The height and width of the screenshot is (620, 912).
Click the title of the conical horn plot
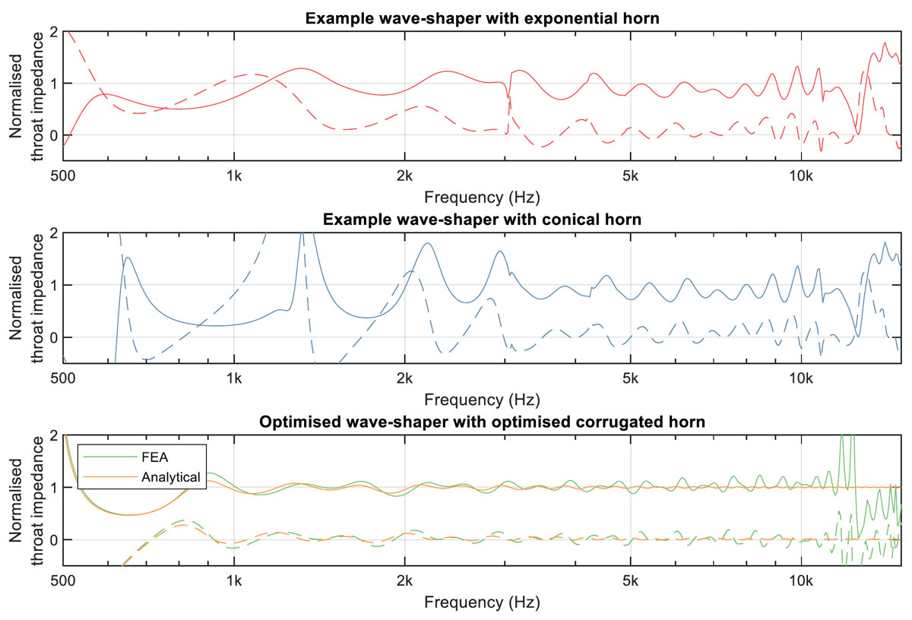tap(482, 220)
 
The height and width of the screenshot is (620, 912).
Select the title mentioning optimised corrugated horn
tap(482, 422)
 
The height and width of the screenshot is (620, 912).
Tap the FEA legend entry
tap(157, 459)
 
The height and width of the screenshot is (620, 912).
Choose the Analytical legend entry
tap(170, 477)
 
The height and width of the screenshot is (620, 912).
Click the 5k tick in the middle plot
tap(630, 378)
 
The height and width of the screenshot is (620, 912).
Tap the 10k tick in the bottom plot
tap(800, 581)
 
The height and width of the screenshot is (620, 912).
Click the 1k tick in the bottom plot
tap(234, 581)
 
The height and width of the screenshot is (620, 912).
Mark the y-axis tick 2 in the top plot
tap(53, 32)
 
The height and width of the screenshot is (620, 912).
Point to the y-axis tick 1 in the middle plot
tap(53, 286)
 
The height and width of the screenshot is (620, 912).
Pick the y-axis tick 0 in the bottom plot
tap(53, 540)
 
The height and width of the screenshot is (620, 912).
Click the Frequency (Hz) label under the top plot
tap(482, 198)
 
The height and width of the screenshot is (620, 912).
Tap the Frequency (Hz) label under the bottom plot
tap(482, 603)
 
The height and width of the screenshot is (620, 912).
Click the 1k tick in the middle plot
tap(234, 378)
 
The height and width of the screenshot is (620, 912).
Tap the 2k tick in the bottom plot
tap(404, 581)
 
